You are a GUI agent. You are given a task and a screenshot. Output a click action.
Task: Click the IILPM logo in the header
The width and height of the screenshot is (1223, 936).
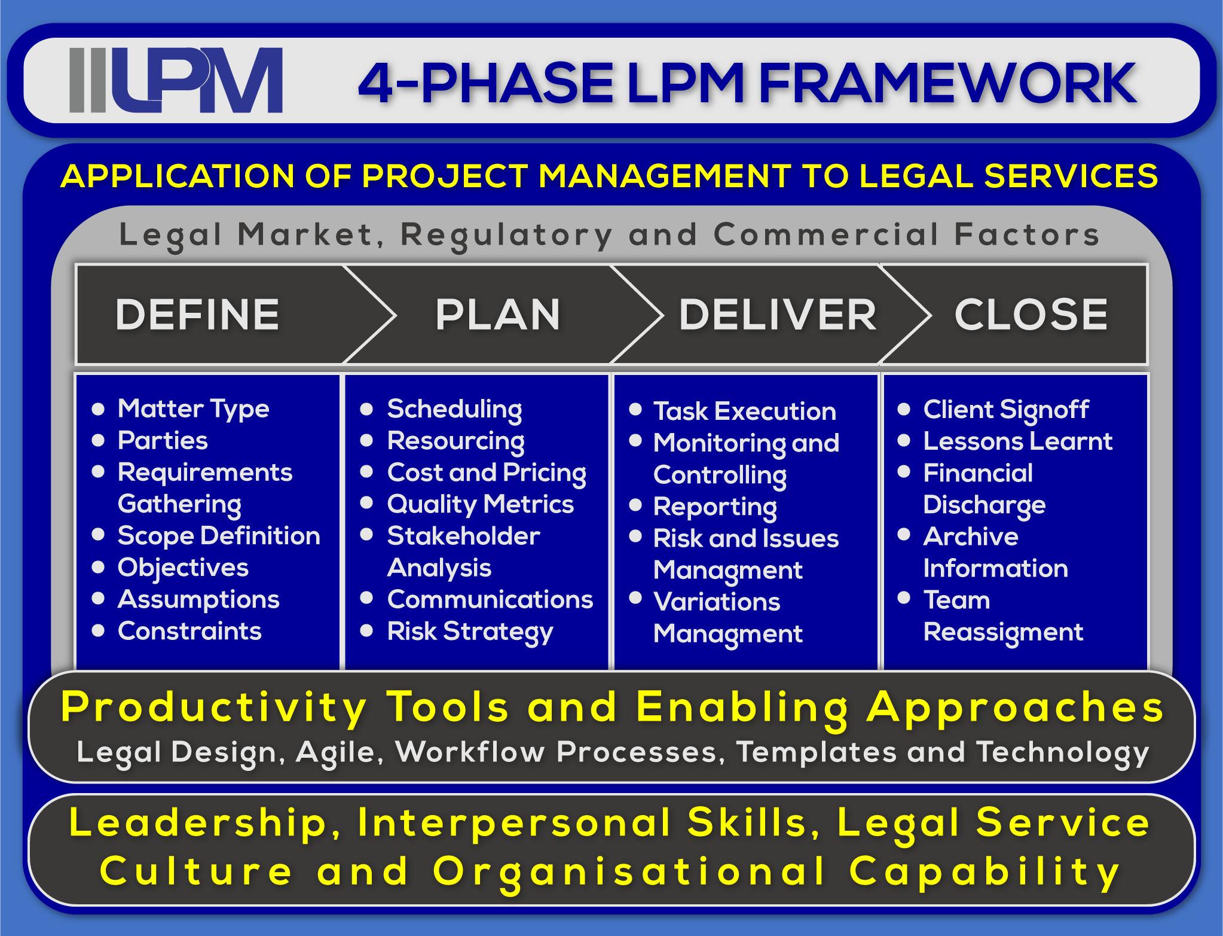click(x=176, y=80)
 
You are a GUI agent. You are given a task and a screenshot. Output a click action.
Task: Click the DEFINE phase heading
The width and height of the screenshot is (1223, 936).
click(x=197, y=315)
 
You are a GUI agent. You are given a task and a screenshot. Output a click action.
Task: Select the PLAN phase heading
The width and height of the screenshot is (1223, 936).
click(x=498, y=315)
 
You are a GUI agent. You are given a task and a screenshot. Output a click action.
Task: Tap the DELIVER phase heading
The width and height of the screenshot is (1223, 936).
click(x=777, y=315)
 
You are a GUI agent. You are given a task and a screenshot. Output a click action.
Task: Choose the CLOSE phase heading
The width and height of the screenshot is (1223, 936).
click(x=1031, y=315)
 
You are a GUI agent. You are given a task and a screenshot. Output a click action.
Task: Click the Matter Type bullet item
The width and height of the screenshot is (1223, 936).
click(x=193, y=409)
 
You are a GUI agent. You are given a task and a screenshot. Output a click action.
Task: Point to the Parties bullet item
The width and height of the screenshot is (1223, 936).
click(x=163, y=441)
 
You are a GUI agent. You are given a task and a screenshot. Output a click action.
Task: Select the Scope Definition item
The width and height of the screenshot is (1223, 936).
click(x=219, y=536)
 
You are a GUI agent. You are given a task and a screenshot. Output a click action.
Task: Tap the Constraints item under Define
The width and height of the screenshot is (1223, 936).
click(x=189, y=631)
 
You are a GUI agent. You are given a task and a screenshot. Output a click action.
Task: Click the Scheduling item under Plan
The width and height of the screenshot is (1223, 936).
click(x=454, y=409)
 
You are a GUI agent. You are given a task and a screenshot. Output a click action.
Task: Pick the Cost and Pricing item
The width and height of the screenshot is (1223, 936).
click(x=487, y=472)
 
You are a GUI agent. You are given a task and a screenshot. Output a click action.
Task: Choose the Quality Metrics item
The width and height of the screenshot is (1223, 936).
click(x=480, y=504)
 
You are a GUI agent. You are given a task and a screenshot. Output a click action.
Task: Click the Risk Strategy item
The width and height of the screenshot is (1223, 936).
click(x=470, y=632)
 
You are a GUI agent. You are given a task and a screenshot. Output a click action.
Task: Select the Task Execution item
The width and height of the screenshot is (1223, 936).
click(x=744, y=411)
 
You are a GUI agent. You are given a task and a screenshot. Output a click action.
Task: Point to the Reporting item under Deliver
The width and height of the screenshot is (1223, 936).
click(x=715, y=507)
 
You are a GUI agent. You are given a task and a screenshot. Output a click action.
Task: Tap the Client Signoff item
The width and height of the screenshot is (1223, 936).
click(x=1006, y=410)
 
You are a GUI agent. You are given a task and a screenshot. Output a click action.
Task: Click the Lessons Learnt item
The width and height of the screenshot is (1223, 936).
click(x=1017, y=441)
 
